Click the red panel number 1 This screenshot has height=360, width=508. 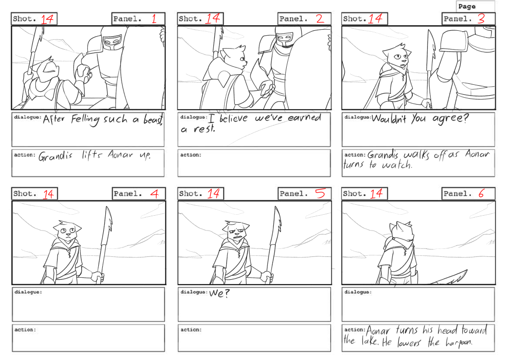[154, 18]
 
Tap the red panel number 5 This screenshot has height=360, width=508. [320, 193]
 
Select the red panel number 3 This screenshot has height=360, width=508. [481, 18]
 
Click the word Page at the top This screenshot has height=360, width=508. [467, 6]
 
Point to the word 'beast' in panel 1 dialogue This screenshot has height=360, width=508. [153, 120]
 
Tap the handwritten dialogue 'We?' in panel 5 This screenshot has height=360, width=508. [219, 294]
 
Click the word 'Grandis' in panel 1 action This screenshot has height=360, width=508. [55, 156]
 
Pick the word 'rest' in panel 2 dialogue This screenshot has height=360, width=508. [204, 129]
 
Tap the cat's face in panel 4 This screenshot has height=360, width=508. [67, 231]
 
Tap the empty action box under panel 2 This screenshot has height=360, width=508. [254, 163]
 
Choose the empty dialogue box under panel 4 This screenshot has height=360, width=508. [88, 304]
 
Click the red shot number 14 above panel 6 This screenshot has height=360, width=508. [376, 193]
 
